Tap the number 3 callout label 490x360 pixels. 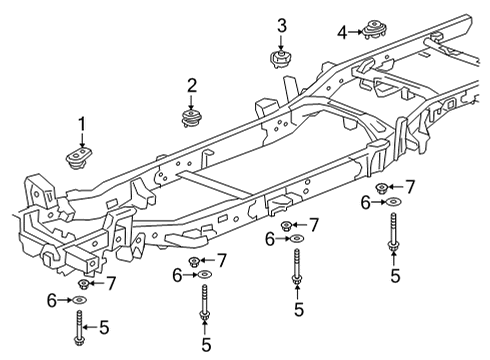click(x=282, y=25)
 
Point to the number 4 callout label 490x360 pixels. click(x=342, y=32)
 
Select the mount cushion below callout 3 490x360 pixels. click(x=281, y=59)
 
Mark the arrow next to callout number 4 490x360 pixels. click(x=356, y=32)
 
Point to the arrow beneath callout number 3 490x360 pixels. click(x=282, y=41)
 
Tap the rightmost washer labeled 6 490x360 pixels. click(x=394, y=203)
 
